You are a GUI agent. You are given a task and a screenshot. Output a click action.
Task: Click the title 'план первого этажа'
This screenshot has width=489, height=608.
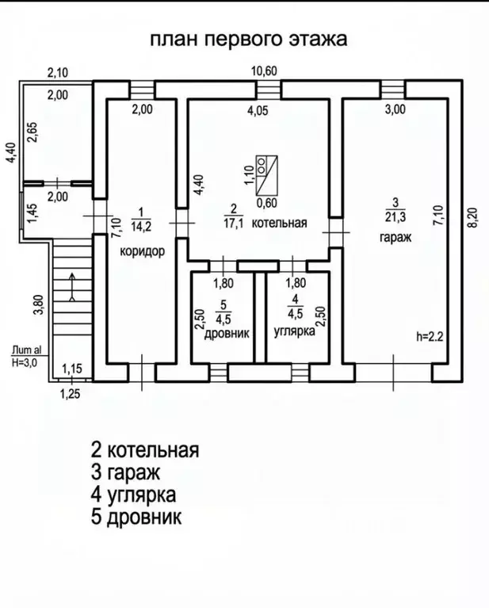coord(248,40)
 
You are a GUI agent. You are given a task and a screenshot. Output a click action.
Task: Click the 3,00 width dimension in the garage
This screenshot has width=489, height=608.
coord(394,110)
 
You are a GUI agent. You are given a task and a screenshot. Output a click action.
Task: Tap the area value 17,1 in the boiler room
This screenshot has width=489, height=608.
coord(232,222)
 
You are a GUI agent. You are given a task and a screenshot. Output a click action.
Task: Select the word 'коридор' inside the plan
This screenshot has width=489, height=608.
coord(142,252)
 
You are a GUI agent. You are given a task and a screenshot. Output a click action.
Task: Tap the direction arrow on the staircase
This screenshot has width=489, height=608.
coord(72,287)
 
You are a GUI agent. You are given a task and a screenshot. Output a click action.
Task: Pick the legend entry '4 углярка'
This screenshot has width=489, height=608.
coord(133,495)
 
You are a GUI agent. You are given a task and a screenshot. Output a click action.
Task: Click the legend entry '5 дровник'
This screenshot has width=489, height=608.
coord(136,518)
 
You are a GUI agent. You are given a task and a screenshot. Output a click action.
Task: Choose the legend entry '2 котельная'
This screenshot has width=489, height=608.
coord(144,450)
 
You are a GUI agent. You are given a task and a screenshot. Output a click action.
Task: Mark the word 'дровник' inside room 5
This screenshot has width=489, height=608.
coord(224,333)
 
